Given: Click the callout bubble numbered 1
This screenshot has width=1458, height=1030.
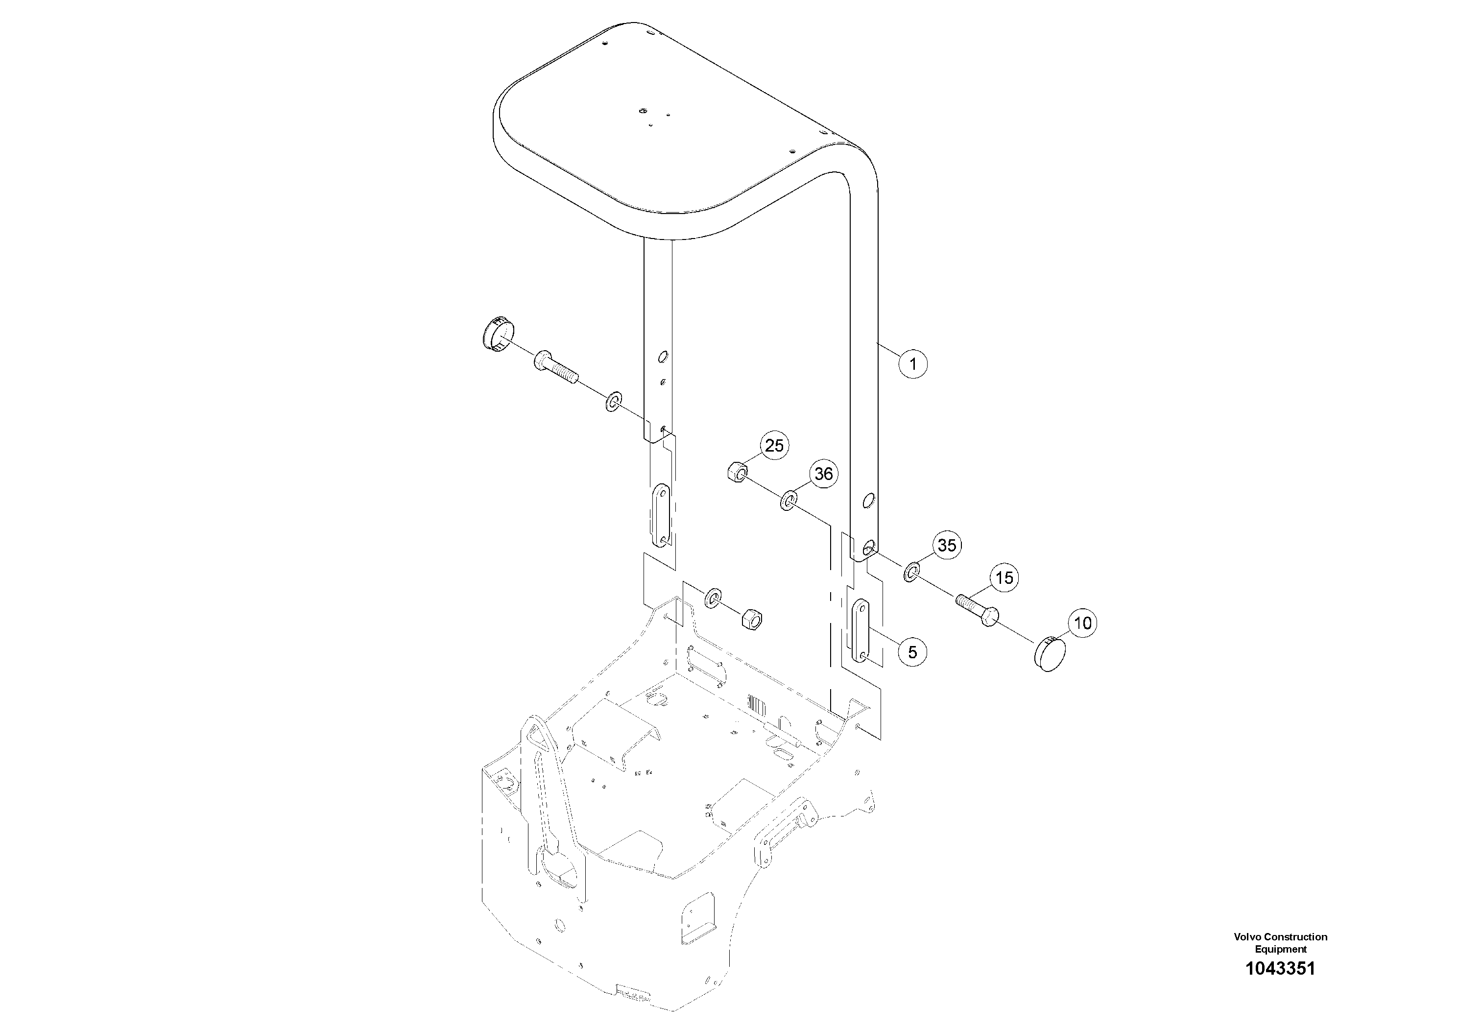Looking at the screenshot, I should pyautogui.click(x=912, y=364).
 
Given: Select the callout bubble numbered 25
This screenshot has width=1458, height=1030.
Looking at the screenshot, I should pyautogui.click(x=774, y=446).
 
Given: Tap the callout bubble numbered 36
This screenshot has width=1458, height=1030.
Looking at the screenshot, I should pyautogui.click(x=824, y=474).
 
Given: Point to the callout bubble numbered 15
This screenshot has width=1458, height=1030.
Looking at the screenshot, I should pyautogui.click(x=1004, y=578).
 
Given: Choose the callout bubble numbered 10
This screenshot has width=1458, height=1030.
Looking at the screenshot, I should pyautogui.click(x=1083, y=623).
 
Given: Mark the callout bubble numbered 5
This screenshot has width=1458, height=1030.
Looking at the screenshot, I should pyautogui.click(x=912, y=652).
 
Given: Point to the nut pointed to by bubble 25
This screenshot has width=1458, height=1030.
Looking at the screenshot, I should pyautogui.click(x=737, y=473).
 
